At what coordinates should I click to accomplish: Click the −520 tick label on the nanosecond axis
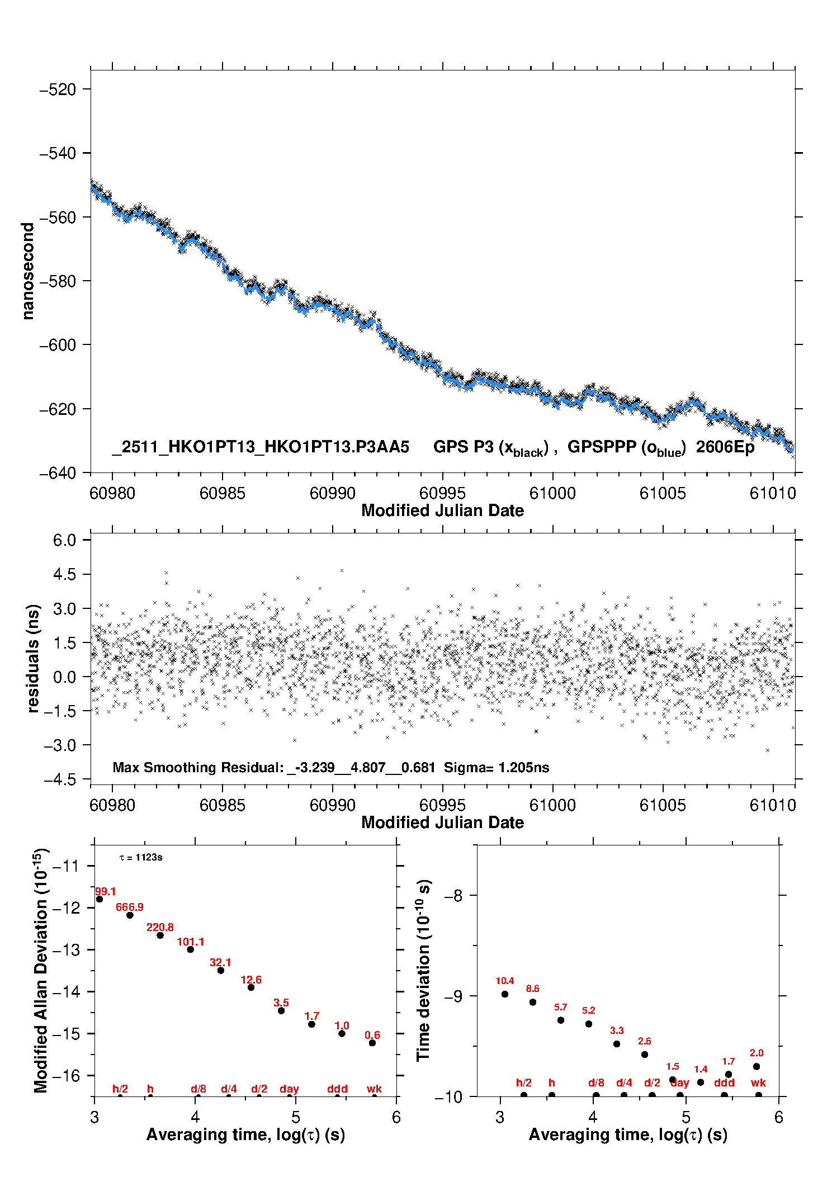coord(57,89)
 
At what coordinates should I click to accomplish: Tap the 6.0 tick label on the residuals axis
coord(64,540)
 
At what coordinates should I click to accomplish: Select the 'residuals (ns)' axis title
coord(34,658)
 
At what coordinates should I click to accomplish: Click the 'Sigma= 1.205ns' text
coord(497,767)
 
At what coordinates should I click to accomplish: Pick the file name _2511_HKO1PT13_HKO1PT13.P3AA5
coord(261,447)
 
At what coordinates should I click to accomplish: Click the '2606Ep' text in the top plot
coord(725,447)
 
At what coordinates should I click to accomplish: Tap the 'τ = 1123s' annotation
coord(141,858)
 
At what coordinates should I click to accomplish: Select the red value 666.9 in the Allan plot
coord(130,907)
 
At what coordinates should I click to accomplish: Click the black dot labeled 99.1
coord(100,899)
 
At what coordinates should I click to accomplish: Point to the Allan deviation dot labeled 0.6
coord(372,1043)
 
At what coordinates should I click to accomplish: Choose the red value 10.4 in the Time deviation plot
coord(504,981)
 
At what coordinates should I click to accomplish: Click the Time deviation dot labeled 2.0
coord(757,1066)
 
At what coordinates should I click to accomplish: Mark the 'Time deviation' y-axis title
coord(423,970)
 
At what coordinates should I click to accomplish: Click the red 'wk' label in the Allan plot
coord(374,1089)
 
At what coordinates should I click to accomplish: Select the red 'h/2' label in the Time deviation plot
coord(524,1083)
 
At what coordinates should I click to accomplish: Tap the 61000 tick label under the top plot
coord(552,493)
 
